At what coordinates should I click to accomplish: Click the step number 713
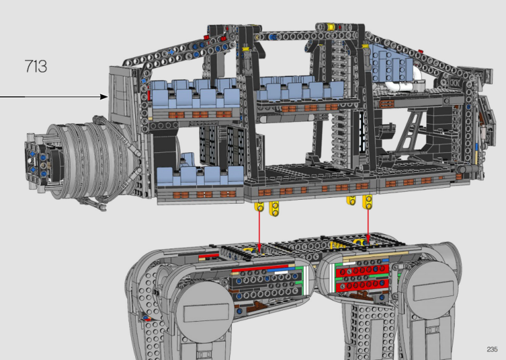point(36,67)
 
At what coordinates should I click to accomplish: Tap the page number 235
point(492,348)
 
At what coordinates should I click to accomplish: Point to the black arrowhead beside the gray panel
point(103,97)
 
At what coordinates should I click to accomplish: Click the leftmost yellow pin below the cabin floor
point(259,208)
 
